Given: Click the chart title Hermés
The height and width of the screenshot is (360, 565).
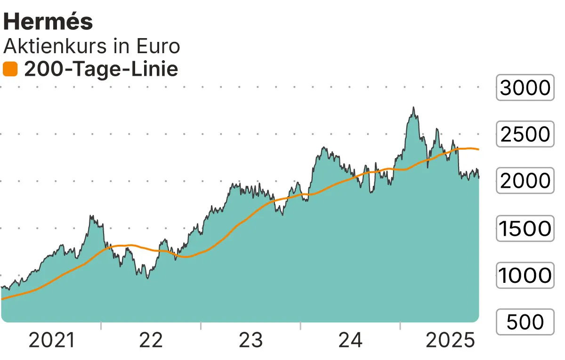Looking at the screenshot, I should coord(48,21).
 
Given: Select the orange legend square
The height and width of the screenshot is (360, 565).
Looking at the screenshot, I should coord(10,70).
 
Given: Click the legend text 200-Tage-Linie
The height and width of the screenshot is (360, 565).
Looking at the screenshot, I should coord(101,70).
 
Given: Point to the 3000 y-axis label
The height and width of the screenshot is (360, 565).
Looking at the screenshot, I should coord(525,88).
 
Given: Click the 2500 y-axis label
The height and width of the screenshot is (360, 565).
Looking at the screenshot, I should coord(525,135).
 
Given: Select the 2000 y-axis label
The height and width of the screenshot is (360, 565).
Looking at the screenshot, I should coord(525,181).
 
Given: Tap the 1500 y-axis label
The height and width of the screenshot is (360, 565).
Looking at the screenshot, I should coord(525,229).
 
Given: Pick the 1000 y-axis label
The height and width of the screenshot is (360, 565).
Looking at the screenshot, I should coord(525,276).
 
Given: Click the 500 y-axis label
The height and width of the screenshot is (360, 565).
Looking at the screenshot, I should coord(525,322).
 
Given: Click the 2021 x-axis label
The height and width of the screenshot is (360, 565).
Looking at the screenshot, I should coord(52,340).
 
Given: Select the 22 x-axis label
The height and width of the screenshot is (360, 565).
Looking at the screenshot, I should coord(151,340).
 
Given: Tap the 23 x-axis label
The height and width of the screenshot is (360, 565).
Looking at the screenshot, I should coord(250,340).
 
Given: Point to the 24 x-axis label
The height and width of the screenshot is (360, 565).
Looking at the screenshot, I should coord(350,340).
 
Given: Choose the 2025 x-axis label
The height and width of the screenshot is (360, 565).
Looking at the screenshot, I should coord(450,340).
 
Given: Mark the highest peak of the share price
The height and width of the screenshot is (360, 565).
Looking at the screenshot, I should coord(413,108).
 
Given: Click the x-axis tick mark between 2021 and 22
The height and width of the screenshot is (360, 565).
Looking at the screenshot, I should coord(101,326).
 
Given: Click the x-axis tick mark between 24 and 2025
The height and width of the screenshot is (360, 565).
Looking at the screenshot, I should coord(400,326).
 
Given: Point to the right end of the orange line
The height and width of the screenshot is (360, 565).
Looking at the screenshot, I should coord(478,150).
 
